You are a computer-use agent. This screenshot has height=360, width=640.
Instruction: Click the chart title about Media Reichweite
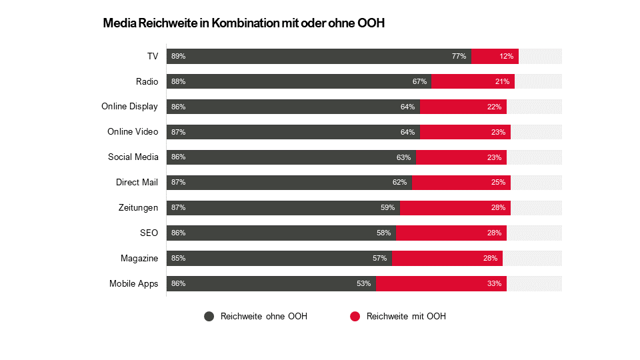[x=244, y=23]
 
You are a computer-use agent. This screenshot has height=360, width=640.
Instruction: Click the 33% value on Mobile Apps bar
[x=494, y=283]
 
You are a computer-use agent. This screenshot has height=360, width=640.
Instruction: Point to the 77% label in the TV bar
[x=459, y=56]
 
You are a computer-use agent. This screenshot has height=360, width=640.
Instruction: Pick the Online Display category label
[x=129, y=107]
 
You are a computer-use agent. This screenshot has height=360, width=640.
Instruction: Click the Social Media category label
[x=133, y=157]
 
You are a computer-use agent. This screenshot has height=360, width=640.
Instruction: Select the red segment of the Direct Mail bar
[x=461, y=183]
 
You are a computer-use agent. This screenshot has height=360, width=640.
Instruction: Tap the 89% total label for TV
[x=178, y=56]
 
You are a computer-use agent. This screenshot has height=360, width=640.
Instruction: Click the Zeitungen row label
[x=138, y=208]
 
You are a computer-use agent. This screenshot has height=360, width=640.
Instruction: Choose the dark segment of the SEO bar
[x=281, y=233]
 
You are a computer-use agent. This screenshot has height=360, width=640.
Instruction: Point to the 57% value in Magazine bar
[x=380, y=258]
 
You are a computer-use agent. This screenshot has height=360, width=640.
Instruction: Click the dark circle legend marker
[x=209, y=317]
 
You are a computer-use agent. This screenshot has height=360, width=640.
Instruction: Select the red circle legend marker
[x=355, y=317]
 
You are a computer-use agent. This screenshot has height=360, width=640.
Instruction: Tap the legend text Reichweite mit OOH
[x=406, y=317]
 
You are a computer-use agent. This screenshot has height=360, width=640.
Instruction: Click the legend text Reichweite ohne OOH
[x=263, y=317]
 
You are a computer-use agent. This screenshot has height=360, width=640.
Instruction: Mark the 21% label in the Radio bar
[x=502, y=81]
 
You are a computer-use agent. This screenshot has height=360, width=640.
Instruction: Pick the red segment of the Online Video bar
[x=465, y=132]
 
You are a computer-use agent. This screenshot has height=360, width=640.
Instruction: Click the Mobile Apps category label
[x=133, y=283]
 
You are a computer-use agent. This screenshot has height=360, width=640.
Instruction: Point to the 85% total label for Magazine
[x=178, y=258]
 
